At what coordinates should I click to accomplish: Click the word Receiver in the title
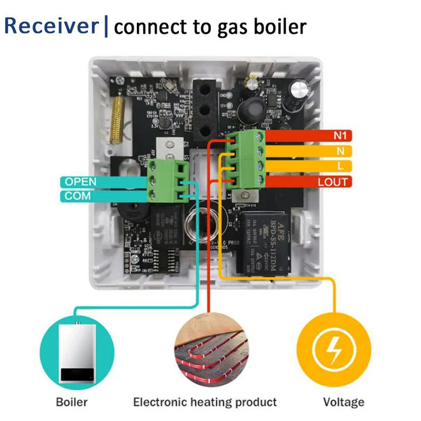(x=51, y=26)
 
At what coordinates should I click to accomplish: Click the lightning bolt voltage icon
(x=334, y=350)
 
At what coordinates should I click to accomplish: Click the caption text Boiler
(x=72, y=402)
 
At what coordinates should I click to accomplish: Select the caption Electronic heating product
(x=205, y=402)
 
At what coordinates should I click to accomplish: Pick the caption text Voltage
(x=343, y=402)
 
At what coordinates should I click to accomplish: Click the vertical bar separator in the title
(x=106, y=27)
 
